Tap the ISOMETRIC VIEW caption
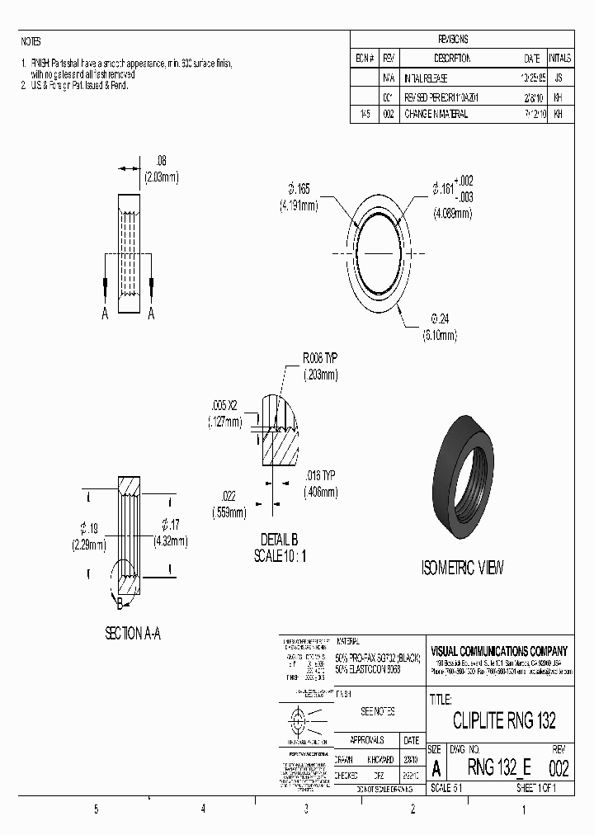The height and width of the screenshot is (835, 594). (462, 568)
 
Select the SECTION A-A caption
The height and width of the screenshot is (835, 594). (132, 633)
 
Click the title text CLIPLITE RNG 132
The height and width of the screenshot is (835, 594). (504, 719)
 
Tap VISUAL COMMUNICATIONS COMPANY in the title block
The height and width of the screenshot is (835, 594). (499, 651)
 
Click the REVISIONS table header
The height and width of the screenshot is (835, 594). (453, 39)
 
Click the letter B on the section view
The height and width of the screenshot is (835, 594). (120, 604)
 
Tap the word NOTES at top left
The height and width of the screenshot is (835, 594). (30, 41)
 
